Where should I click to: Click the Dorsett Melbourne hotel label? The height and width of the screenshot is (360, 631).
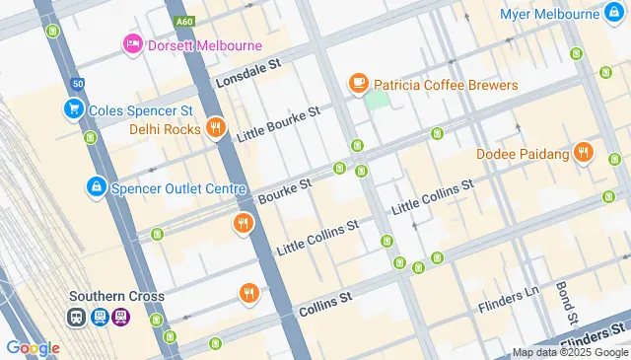click(205, 45)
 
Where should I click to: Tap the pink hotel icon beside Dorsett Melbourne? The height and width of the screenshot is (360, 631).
click(132, 44)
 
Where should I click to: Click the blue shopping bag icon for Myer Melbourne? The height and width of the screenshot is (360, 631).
click(616, 14)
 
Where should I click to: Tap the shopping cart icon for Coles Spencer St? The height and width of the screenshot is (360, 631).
click(72, 109)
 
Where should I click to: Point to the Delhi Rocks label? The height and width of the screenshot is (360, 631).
click(164, 128)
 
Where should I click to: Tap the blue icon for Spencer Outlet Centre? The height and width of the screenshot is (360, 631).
click(96, 185)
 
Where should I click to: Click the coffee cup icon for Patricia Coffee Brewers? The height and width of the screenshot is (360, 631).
click(359, 86)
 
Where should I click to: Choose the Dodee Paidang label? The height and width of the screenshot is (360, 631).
click(523, 153)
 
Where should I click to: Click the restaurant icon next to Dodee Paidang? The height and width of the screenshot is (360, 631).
click(585, 152)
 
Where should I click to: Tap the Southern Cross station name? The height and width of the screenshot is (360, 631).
click(116, 296)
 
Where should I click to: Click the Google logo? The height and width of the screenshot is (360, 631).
click(33, 347)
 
